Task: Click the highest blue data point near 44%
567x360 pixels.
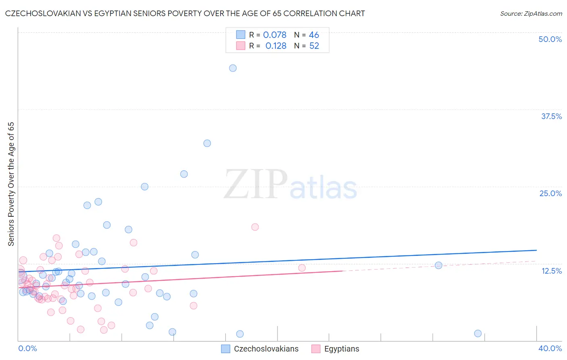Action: pos(233,68)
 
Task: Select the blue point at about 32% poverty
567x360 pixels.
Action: pos(207,143)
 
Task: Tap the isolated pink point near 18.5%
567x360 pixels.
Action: pos(255,227)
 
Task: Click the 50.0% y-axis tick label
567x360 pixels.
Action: pos(550,39)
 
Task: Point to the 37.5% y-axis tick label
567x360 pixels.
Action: pos(551,116)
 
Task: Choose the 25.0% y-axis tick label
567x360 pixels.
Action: pos(550,193)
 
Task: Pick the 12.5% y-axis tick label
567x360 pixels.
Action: pos(551,271)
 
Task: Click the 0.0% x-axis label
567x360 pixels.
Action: pos(27,348)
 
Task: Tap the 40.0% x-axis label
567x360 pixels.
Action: pos(550,348)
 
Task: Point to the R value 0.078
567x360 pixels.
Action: pos(275,35)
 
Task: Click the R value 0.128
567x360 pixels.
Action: pos(276,46)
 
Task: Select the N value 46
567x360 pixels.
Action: pos(314,35)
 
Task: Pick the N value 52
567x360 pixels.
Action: pos(314,46)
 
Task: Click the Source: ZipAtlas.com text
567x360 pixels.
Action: pos(531,14)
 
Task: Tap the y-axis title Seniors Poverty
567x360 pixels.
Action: pos(11,184)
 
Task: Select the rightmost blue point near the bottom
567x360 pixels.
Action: pos(478,333)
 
